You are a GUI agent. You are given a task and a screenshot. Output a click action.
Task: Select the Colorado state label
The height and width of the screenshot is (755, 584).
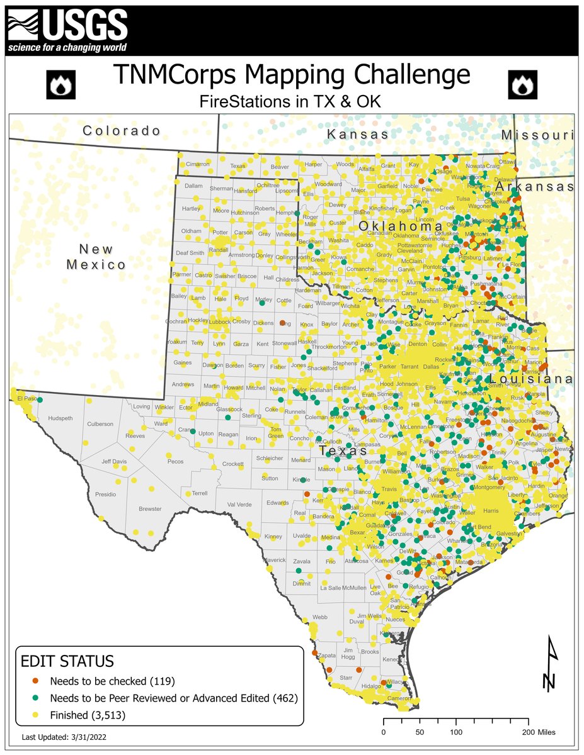click(122, 131)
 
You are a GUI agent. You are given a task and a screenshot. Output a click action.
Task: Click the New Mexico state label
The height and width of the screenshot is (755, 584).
click(96, 256)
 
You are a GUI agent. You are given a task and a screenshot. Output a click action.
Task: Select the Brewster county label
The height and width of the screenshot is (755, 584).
click(150, 508)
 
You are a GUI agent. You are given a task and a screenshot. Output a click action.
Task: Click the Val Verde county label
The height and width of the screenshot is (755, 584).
click(239, 505)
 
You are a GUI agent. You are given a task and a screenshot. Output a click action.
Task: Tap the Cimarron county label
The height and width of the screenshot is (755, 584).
click(197, 164)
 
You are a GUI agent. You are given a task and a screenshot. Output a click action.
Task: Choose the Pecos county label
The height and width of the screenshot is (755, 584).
click(175, 461)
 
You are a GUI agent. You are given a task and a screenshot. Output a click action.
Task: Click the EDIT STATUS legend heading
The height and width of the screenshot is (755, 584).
click(67, 661)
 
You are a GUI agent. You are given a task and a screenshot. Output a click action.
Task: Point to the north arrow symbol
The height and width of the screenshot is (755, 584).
click(550, 664)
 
